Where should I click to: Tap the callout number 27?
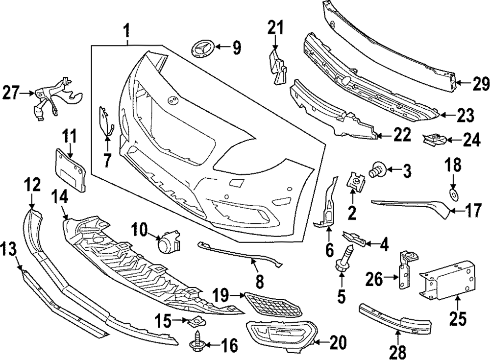point(12,92)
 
